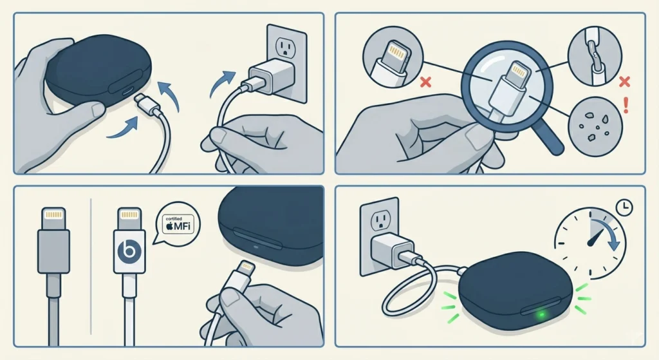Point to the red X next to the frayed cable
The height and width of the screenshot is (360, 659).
pos(622,82)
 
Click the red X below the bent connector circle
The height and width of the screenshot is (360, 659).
pos(423,82)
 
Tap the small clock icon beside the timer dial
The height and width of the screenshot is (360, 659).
pos(624,207)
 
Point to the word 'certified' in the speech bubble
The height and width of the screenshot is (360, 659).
pos(174,218)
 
